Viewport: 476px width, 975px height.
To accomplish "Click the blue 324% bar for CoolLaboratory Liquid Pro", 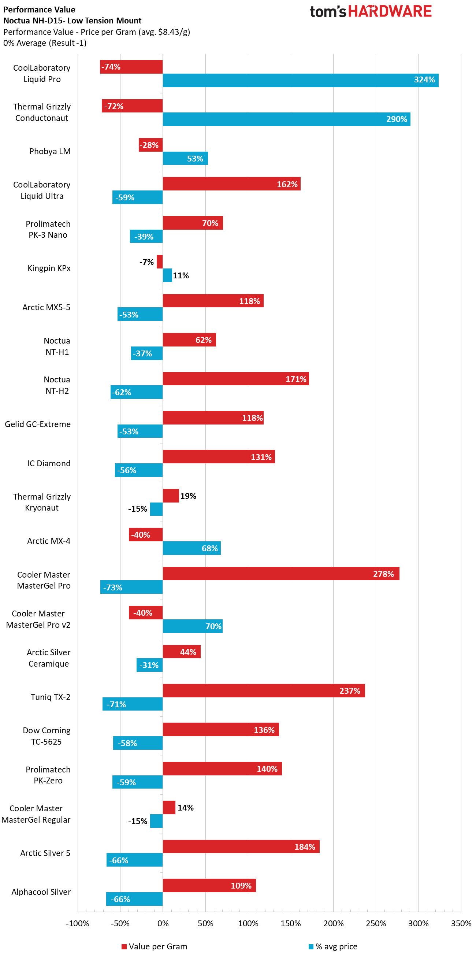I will pyautogui.click(x=301, y=80).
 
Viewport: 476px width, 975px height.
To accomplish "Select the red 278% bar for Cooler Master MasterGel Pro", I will pyautogui.click(x=281, y=574).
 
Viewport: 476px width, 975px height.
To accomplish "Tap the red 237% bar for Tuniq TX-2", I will pyautogui.click(x=264, y=690).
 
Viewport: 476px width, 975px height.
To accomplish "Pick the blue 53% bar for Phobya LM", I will pyautogui.click(x=185, y=158).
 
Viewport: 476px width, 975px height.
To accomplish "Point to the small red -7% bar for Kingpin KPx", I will pyautogui.click(x=160, y=262).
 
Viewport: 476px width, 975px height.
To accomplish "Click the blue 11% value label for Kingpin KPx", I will pyautogui.click(x=181, y=275).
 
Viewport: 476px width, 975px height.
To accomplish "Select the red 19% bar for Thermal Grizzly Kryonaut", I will pyautogui.click(x=171, y=496).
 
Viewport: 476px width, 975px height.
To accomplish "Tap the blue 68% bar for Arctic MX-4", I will pyautogui.click(x=191, y=548).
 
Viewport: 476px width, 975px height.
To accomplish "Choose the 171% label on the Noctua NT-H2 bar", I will pyautogui.click(x=296, y=379).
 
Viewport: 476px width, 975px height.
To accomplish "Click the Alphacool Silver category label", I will pyautogui.click(x=41, y=892).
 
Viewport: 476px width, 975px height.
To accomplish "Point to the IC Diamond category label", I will pyautogui.click(x=49, y=463).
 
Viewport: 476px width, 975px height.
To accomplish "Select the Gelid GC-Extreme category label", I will pyautogui.click(x=37, y=424).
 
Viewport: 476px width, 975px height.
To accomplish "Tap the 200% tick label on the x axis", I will pyautogui.click(x=333, y=923).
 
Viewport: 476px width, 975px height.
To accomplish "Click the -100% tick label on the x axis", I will pyautogui.click(x=78, y=923).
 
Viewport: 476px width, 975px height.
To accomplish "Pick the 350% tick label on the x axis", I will pyautogui.click(x=461, y=923).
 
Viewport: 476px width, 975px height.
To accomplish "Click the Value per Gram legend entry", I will pyautogui.click(x=155, y=946).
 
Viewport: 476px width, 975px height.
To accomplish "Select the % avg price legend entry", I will pyautogui.click(x=333, y=946).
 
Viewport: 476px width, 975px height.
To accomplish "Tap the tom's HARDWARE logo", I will pyautogui.click(x=371, y=11).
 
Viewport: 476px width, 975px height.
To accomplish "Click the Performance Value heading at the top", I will pyautogui.click(x=39, y=10).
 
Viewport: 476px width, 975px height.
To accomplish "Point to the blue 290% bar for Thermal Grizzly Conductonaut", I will pyautogui.click(x=286, y=119).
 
